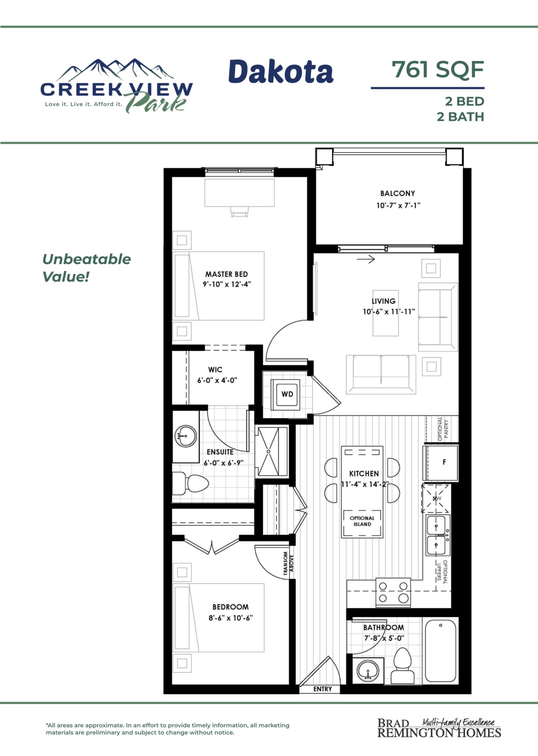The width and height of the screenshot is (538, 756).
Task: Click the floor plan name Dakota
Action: point(281,71)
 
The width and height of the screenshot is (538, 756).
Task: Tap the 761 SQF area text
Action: point(438,69)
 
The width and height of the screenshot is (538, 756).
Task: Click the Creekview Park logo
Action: point(116,86)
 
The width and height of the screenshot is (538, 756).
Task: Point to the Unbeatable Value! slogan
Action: point(86,268)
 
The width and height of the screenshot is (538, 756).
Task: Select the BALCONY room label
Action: point(397,193)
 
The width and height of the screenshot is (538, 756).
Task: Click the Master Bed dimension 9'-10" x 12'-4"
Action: point(227,284)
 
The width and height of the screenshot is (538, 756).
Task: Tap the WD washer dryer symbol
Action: point(287,394)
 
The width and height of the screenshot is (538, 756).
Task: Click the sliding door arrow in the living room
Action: point(366,259)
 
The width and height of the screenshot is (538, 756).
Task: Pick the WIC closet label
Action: point(215,370)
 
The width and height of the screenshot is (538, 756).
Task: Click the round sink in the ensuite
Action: point(186,436)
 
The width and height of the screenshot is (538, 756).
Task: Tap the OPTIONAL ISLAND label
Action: point(362,521)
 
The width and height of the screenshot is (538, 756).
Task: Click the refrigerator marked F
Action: point(441,462)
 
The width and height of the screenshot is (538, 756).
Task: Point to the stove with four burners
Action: point(393,592)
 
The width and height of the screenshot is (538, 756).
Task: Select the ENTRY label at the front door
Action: point(323,689)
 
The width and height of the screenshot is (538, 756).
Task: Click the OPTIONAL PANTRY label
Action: point(443,429)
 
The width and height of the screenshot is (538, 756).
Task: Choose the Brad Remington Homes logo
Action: point(439,728)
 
